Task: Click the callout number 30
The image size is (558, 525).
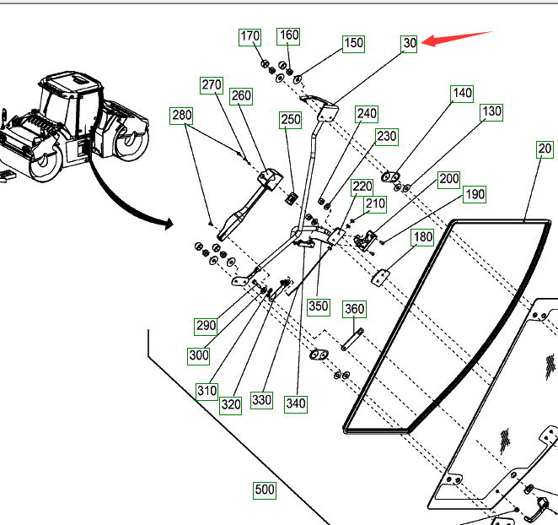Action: click(x=409, y=44)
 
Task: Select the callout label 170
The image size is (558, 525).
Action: click(x=249, y=37)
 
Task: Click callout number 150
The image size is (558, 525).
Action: click(x=353, y=44)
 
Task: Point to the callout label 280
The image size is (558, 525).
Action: click(x=181, y=116)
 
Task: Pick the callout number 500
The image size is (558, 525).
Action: click(x=265, y=490)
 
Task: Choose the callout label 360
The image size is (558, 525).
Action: click(x=354, y=309)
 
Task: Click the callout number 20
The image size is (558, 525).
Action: click(x=545, y=149)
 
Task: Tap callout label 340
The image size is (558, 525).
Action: click(x=296, y=404)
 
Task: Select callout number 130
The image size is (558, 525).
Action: click(x=491, y=112)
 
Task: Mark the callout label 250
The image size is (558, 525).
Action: click(x=291, y=120)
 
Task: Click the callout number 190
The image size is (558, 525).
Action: click(x=475, y=195)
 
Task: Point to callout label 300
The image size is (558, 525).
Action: click(x=199, y=355)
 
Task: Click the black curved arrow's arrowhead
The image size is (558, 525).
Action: click(x=169, y=225)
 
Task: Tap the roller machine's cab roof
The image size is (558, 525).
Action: click(x=71, y=82)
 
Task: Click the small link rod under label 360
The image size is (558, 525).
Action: click(x=352, y=339)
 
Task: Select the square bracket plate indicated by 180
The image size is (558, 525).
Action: click(x=380, y=278)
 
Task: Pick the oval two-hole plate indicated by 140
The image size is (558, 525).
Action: click(x=391, y=176)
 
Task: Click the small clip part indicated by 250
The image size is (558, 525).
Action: click(x=292, y=198)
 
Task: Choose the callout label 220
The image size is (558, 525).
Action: click(x=362, y=187)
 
